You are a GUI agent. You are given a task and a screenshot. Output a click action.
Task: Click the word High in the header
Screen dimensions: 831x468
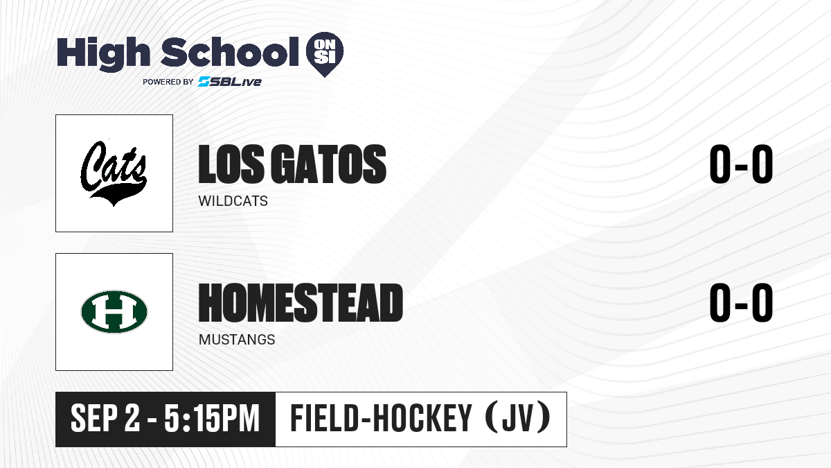[x=103, y=53]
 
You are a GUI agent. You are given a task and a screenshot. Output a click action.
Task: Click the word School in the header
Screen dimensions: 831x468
[x=230, y=52]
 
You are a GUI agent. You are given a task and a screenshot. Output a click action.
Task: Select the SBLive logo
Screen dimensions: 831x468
[x=229, y=82]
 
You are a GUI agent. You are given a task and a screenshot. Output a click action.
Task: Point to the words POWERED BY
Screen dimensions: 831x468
[x=168, y=82]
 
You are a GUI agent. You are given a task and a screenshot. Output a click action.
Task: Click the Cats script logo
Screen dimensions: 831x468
[x=114, y=173]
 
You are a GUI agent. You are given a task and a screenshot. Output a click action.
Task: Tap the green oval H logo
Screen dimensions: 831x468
[x=114, y=311]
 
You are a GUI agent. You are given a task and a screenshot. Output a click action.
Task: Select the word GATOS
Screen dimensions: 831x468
[x=329, y=164]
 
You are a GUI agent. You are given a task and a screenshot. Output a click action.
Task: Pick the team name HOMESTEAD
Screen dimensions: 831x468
[x=301, y=303]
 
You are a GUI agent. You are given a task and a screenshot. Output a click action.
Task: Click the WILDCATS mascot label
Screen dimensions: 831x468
[x=233, y=201]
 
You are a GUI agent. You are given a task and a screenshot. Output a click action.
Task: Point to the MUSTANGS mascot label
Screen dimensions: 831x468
[x=237, y=340]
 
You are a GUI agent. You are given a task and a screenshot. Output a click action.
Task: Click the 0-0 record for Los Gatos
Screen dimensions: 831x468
[x=741, y=164]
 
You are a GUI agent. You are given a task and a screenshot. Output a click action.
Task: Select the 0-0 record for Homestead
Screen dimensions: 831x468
[x=741, y=303]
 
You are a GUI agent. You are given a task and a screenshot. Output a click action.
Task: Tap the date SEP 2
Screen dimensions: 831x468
[x=105, y=419]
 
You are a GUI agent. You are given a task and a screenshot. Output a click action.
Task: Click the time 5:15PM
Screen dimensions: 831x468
[x=212, y=419]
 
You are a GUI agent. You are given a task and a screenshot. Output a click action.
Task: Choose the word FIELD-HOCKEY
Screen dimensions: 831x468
[x=381, y=419]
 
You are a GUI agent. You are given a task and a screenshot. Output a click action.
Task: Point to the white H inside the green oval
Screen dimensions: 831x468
[x=114, y=311]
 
